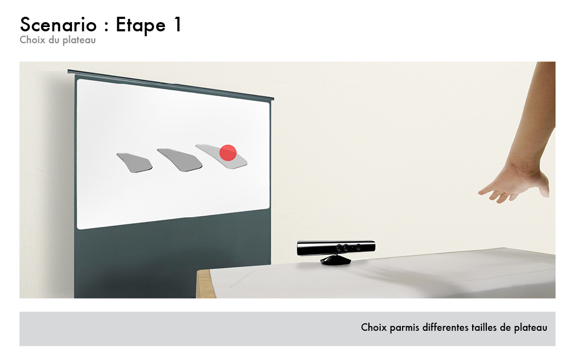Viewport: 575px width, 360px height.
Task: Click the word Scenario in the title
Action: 58,25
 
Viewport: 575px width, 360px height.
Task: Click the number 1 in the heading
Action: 177,24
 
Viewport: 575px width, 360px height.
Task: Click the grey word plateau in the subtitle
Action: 79,41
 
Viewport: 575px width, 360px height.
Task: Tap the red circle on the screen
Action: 228,153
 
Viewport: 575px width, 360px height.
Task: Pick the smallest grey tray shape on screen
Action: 135,163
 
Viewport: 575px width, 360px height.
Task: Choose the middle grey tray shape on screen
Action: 180,160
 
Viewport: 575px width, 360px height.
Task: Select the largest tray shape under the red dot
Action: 221,157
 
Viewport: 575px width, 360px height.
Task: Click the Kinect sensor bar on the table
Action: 336,248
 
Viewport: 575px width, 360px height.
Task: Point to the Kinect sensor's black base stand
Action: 335,260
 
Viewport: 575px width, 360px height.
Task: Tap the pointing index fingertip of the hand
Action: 480,192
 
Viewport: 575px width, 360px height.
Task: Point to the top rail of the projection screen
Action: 170,84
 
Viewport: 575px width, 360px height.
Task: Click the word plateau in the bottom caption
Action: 531,328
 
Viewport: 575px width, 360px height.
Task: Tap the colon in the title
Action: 107,27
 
